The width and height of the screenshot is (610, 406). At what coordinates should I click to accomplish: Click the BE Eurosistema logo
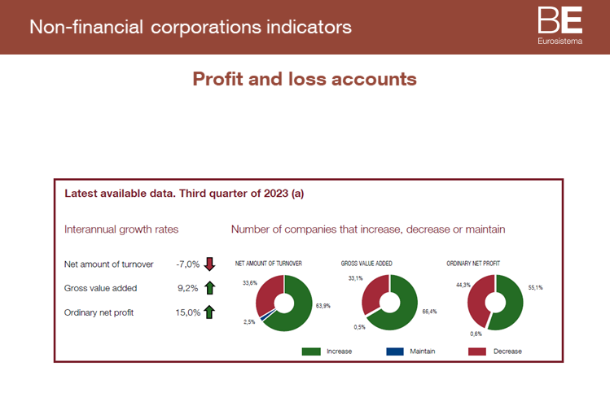pyautogui.click(x=560, y=26)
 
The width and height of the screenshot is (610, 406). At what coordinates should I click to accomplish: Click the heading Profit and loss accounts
pyautogui.click(x=305, y=79)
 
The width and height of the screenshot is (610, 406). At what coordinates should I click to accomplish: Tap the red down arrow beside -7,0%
pyautogui.click(x=209, y=264)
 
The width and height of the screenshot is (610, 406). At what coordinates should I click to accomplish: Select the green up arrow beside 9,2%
pyautogui.click(x=209, y=287)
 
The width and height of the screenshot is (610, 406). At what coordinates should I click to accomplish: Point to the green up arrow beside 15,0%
pyautogui.click(x=209, y=312)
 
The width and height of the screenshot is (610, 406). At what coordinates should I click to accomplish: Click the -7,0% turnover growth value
pyautogui.click(x=187, y=264)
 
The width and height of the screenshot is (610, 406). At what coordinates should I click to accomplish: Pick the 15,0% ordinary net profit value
pyautogui.click(x=187, y=312)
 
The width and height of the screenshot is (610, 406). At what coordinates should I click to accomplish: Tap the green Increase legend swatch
pyautogui.click(x=311, y=351)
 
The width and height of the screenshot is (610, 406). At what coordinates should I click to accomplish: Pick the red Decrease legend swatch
pyautogui.click(x=477, y=351)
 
